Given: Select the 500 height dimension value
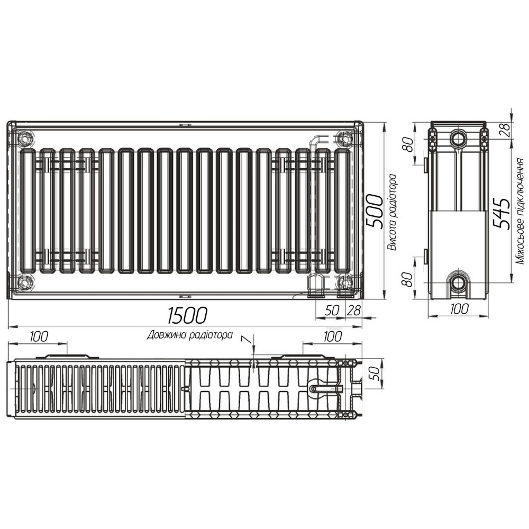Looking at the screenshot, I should [x=375, y=211].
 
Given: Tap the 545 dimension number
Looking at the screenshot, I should [x=500, y=213].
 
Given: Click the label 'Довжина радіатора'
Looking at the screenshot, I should [x=190, y=335].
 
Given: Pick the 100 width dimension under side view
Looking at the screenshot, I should [x=458, y=309].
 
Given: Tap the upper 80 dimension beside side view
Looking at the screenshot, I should [x=408, y=144].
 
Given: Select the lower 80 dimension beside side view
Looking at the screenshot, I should [x=408, y=279].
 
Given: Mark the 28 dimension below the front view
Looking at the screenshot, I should [x=353, y=311].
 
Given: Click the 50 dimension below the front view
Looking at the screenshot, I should [x=332, y=311].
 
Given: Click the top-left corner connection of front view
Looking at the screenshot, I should [x=24, y=139].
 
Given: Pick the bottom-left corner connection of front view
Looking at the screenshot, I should [x=24, y=282].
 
